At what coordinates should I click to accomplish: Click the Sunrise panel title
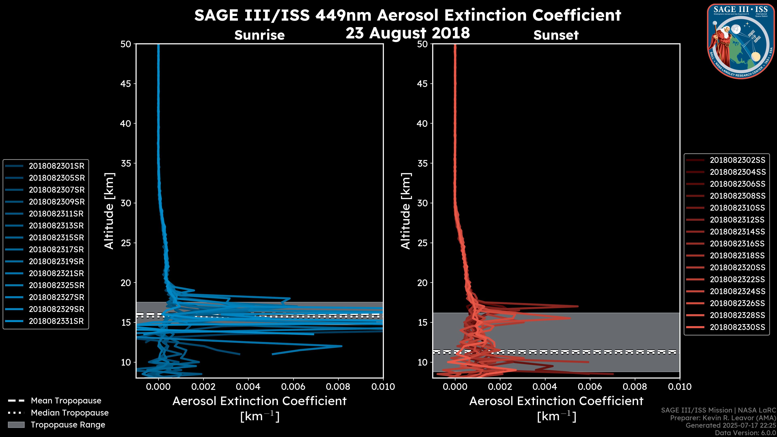tap(259, 35)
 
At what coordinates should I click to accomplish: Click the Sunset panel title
tap(556, 35)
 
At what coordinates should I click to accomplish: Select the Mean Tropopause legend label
tap(66, 401)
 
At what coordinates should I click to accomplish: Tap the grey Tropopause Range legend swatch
tap(16, 425)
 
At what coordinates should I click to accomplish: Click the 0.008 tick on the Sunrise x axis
tap(338, 387)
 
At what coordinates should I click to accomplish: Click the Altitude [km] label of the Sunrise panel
tap(109, 211)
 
